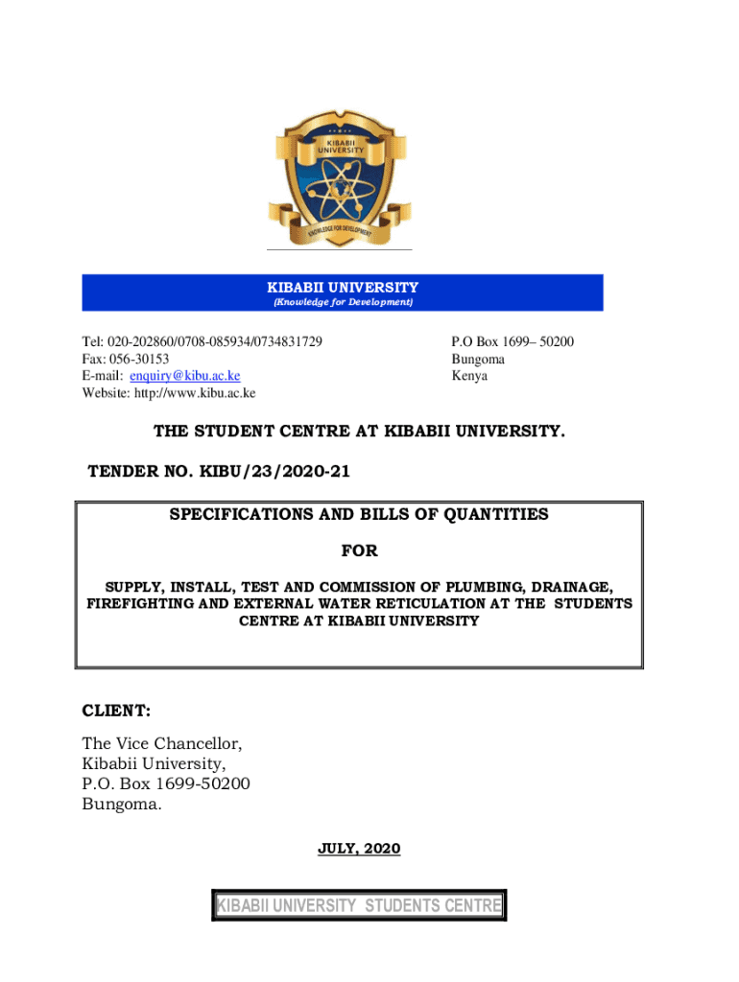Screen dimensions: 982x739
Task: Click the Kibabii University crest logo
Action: coord(341,178)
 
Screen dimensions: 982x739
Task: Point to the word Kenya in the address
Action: coord(469,376)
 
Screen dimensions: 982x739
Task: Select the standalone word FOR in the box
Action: coord(360,551)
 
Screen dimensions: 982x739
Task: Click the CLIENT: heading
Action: coord(115,712)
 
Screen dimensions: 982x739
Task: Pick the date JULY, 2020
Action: coord(359,849)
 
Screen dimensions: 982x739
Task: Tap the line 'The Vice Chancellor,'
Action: coord(162,743)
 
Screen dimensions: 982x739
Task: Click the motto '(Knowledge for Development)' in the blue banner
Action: coord(343,302)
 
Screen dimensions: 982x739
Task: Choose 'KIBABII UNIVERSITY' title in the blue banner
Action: coord(343,287)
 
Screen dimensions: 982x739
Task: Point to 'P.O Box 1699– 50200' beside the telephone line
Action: coord(513,342)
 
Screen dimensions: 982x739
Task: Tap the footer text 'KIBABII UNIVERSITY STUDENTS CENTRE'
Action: coord(359,906)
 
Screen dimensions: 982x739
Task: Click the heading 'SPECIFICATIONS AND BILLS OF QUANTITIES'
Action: coord(359,514)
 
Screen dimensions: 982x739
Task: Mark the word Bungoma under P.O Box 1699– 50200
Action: coord(478,360)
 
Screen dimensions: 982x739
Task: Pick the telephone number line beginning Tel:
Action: coord(202,342)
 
